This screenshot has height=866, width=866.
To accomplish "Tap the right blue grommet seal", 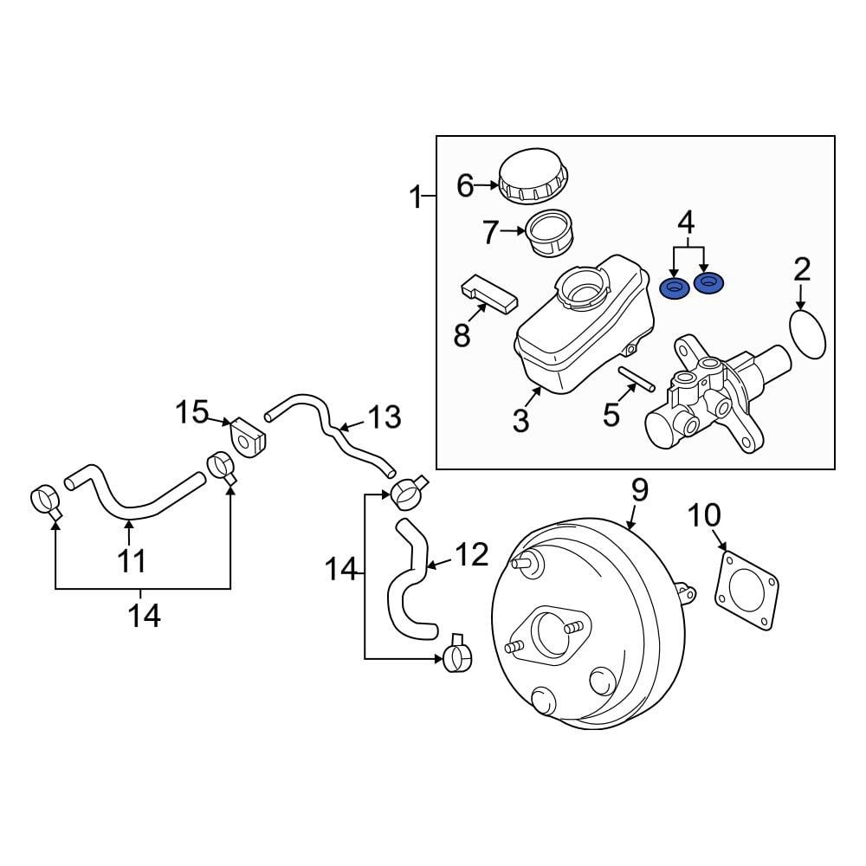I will coord(710,282).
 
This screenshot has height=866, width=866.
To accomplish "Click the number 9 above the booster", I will coord(639,490).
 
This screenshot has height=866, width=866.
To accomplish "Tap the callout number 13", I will coord(385,417).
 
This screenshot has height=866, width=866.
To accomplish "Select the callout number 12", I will coord(472,554).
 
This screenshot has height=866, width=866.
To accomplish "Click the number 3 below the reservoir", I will coord(520,421).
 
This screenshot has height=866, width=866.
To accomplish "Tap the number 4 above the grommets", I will coord(686,223).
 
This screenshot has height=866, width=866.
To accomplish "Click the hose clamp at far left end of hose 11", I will coord(45,500).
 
